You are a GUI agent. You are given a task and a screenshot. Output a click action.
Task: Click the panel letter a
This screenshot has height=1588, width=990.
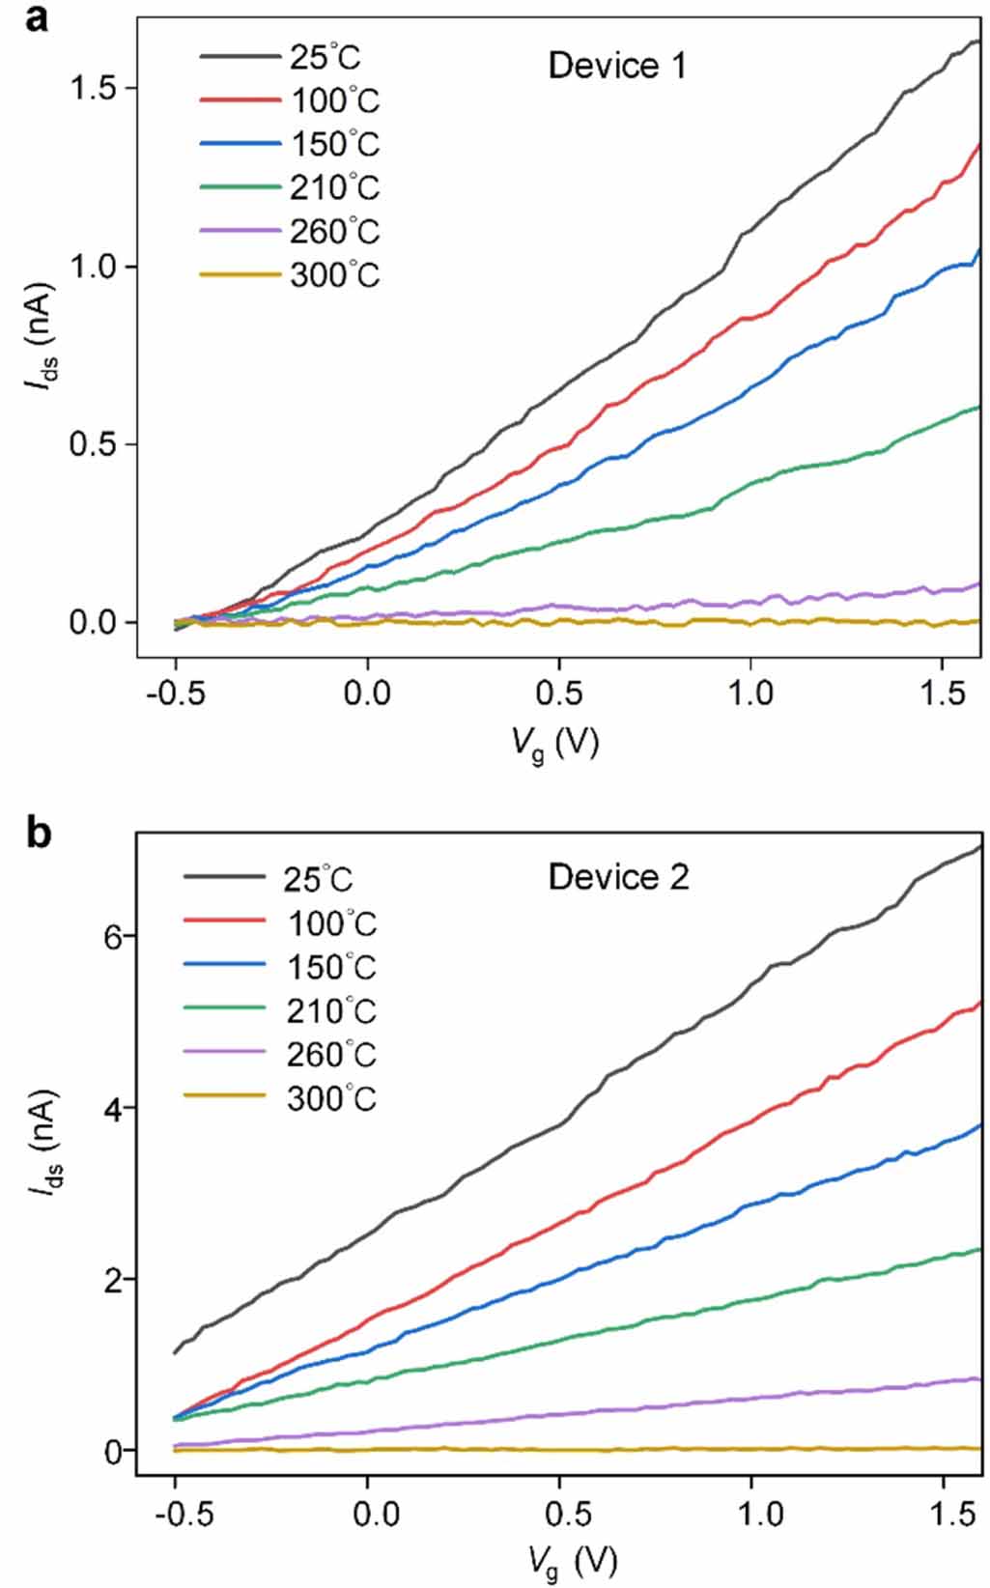(x=36, y=16)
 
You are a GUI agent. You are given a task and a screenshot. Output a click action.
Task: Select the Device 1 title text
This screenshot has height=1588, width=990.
(x=617, y=66)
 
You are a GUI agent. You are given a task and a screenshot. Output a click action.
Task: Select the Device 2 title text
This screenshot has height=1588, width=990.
(x=618, y=877)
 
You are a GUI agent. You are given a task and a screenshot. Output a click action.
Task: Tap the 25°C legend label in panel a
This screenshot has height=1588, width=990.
(x=325, y=57)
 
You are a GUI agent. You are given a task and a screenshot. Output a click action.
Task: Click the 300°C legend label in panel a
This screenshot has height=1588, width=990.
(x=335, y=275)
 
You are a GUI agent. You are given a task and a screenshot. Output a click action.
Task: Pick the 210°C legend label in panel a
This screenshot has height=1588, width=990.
(x=335, y=187)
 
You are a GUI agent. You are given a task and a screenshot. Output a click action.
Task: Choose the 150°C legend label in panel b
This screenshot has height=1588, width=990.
(x=331, y=967)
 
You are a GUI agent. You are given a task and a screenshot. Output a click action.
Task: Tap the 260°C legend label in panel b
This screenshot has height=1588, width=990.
(x=331, y=1055)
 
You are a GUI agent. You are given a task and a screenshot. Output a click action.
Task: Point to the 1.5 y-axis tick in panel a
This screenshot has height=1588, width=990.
(x=93, y=88)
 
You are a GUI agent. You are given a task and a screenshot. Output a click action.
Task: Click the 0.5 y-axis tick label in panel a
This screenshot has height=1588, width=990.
(x=93, y=444)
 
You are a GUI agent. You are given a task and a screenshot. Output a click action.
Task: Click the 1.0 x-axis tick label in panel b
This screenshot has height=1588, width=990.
(x=762, y=1513)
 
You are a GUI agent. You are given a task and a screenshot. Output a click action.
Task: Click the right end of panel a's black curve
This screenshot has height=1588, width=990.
(x=977, y=42)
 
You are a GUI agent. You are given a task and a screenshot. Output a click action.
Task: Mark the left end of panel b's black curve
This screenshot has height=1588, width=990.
(x=175, y=1352)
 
